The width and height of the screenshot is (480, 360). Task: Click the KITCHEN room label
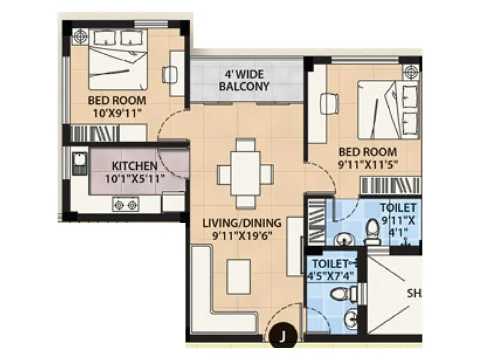pos(134,166)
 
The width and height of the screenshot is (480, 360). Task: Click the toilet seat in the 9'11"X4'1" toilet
pos(372,231)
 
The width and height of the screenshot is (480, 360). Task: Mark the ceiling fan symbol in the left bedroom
pos(80,37)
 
